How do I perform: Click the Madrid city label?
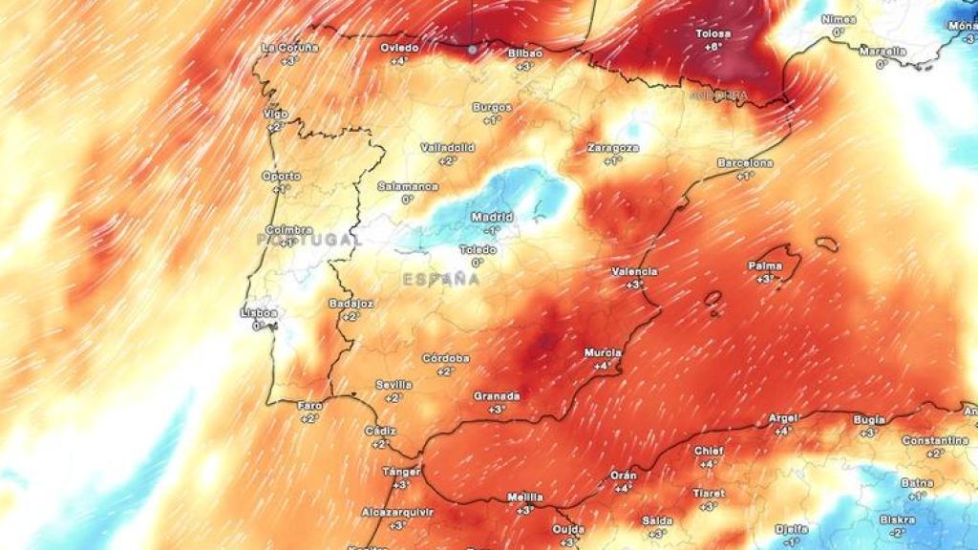tap(492, 217)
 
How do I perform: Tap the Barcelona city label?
tap(745, 163)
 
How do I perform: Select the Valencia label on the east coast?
tap(634, 271)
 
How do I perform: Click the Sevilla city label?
tap(393, 384)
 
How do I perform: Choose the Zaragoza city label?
tap(612, 148)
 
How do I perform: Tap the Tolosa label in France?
tap(712, 33)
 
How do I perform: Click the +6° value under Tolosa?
tap(712, 46)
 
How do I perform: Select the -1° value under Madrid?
tap(492, 229)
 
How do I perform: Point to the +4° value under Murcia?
tap(603, 366)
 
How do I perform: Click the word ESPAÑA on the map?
tap(440, 280)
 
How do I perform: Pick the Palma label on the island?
tap(766, 265)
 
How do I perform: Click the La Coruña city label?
tap(288, 47)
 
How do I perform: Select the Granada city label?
tap(497, 395)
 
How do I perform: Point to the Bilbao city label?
tap(525, 53)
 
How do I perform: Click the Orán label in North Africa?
tap(623, 475)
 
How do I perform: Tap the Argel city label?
tap(782, 418)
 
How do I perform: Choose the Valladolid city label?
tap(448, 148)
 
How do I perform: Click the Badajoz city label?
tap(351, 303)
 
